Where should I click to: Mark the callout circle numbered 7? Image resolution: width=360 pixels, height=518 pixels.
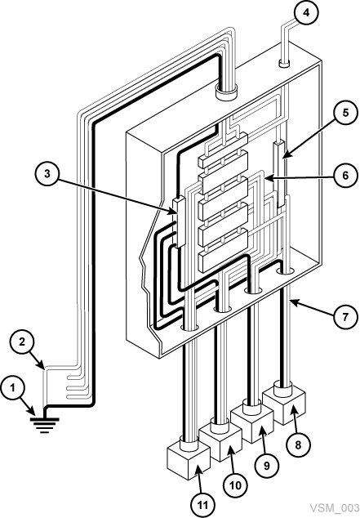tap(341, 315)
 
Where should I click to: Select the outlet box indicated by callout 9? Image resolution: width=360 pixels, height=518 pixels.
tap(252, 423)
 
